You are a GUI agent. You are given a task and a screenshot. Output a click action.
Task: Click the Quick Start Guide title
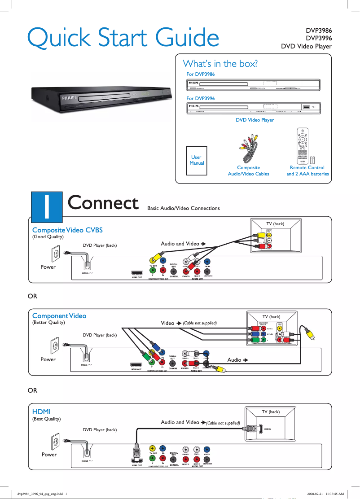(x=123, y=38)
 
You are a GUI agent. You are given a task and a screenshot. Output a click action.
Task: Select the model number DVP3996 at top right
(x=319, y=39)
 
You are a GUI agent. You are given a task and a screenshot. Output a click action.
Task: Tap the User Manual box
(x=197, y=160)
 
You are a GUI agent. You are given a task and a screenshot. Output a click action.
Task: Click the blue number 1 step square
(x=46, y=206)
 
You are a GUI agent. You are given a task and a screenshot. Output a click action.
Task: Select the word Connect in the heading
(x=103, y=203)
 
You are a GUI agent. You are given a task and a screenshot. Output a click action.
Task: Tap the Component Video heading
(x=59, y=316)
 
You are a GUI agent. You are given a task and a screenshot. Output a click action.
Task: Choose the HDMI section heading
(x=41, y=411)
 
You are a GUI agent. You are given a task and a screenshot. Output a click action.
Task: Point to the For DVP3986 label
(x=200, y=74)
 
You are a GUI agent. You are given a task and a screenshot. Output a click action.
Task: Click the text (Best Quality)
(x=46, y=419)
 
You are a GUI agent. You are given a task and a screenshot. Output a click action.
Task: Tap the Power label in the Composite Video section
(x=48, y=267)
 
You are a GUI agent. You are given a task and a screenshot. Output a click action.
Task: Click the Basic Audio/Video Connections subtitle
(x=184, y=208)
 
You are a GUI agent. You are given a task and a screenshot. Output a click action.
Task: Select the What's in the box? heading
(x=220, y=63)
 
